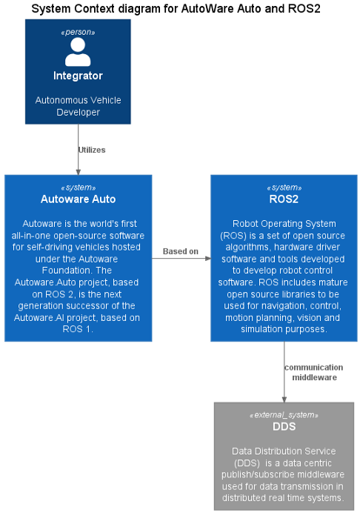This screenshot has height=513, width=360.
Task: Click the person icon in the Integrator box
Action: coord(78,52)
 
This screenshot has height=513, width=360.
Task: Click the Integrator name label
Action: coord(78,76)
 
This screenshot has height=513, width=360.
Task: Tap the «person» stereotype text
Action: coord(78,32)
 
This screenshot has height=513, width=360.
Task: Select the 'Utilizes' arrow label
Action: coord(92,150)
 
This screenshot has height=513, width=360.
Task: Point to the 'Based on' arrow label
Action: coord(181,251)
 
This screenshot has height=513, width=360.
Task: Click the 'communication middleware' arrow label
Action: coord(314,372)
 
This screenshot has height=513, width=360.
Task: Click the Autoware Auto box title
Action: coord(78,199)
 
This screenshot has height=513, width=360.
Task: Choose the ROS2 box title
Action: coord(284,199)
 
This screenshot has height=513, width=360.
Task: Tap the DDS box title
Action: coord(284,426)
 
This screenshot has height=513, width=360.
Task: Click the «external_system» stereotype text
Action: coord(284,415)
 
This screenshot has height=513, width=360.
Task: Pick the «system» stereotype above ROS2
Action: coord(284,188)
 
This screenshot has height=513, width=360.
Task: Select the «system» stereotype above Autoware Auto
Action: coord(78,188)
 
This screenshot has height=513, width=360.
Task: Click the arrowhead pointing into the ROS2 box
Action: coord(208,259)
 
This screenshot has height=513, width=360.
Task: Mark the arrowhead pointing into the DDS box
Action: coord(284,400)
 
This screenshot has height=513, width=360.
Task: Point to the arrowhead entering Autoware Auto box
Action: coord(78,172)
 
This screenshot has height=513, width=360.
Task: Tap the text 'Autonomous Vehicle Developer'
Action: coord(78,106)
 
